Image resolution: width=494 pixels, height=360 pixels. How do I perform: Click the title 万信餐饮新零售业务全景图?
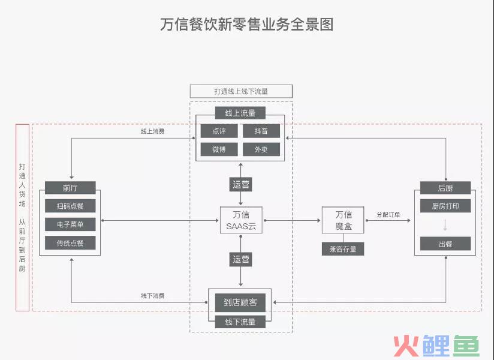[246, 25]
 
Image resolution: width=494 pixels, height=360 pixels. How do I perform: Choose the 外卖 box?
[261, 149]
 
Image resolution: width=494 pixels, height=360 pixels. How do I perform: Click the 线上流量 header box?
[240, 113]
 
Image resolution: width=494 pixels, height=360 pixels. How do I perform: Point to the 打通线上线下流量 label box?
[241, 91]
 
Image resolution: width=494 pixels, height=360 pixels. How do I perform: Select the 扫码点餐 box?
[70, 206]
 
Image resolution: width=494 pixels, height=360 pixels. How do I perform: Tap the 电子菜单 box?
[70, 224]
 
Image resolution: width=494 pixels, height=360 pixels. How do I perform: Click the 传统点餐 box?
[70, 243]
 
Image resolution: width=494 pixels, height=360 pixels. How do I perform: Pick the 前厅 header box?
[70, 188]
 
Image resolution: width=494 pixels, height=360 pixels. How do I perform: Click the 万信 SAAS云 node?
[240, 220]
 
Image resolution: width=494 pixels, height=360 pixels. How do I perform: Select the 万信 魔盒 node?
[343, 220]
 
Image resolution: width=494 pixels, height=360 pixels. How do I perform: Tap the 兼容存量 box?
[343, 248]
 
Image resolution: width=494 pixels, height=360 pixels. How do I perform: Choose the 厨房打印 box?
[445, 206]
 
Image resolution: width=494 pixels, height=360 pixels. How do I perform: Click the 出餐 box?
[445, 243]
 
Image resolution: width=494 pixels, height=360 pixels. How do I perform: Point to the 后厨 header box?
[445, 188]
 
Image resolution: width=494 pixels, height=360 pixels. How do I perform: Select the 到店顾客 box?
[240, 302]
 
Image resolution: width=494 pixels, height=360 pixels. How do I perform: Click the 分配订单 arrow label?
[388, 214]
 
